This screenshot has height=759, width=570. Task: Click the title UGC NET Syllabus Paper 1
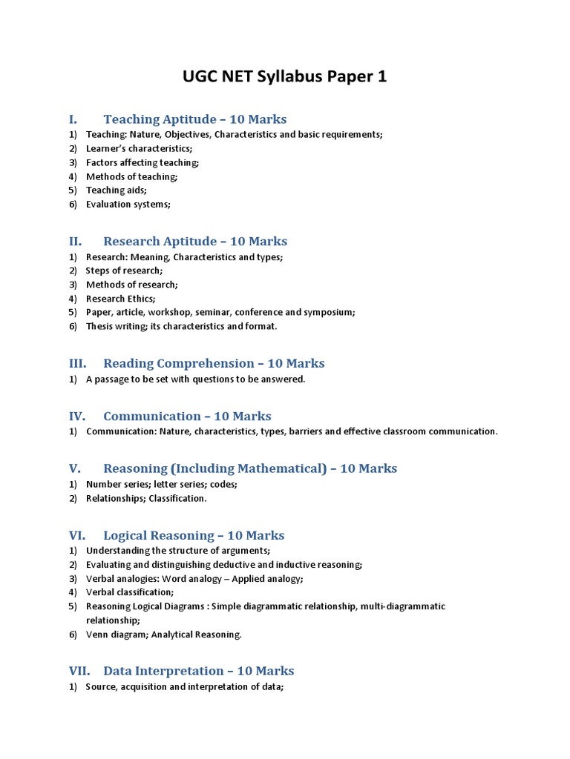click(285, 77)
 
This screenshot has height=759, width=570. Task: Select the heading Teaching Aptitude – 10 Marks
click(194, 119)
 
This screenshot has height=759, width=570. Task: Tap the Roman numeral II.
click(74, 242)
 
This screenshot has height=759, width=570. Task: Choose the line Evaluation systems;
click(128, 205)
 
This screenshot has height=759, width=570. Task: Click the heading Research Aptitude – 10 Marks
click(194, 242)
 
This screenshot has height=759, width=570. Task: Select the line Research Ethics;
click(120, 299)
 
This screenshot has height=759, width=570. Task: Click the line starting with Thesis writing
click(181, 327)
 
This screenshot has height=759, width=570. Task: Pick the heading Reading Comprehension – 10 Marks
click(214, 363)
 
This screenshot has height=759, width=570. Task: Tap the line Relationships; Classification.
click(146, 499)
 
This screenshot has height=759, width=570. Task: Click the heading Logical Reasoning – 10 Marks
click(194, 535)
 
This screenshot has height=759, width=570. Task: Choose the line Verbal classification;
click(129, 592)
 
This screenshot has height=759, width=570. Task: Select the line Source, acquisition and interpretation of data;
click(184, 687)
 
